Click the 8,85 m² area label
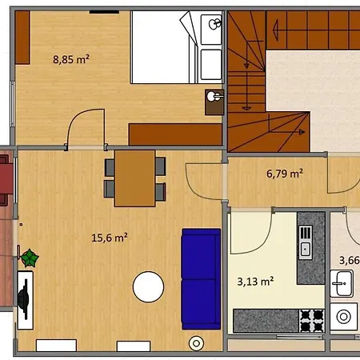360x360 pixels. (71, 59)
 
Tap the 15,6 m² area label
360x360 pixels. (110, 238)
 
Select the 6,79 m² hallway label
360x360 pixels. (285, 174)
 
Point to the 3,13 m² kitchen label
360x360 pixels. (255, 281)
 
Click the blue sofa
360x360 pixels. (201, 279)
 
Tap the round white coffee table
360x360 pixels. (148, 287)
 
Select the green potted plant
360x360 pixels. (30, 258)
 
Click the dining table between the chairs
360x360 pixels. (134, 178)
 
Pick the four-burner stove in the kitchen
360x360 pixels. (312, 321)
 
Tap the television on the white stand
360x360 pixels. (24, 299)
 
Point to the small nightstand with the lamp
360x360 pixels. (214, 102)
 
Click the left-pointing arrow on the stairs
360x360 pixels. (275, 30)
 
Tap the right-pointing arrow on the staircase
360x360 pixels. (287, 132)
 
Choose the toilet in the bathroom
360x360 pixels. (343, 317)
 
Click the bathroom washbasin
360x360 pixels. (342, 283)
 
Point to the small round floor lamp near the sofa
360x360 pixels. (196, 343)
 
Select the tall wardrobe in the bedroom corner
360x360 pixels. (22, 38)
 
